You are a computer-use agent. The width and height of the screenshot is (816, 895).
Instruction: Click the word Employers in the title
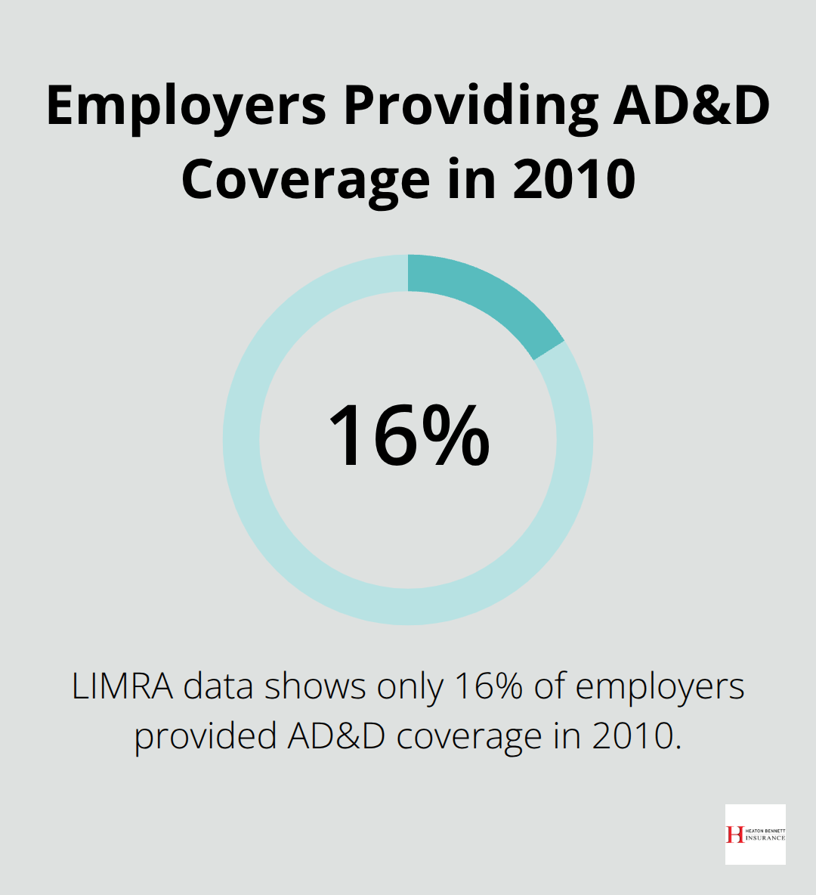click(186, 107)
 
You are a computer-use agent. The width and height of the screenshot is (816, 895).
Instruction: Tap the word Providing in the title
click(469, 107)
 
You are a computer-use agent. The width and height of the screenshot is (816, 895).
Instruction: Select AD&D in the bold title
click(691, 105)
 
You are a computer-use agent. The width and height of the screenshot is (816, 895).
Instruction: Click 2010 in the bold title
click(574, 179)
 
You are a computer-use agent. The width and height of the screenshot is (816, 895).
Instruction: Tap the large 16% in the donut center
click(408, 437)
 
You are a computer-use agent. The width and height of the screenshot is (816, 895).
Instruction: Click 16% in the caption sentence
click(488, 687)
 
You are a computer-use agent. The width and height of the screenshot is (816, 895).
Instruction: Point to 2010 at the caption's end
click(635, 736)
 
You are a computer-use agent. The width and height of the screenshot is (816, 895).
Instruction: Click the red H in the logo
click(734, 835)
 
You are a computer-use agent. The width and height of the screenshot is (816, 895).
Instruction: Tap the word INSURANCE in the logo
click(765, 838)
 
